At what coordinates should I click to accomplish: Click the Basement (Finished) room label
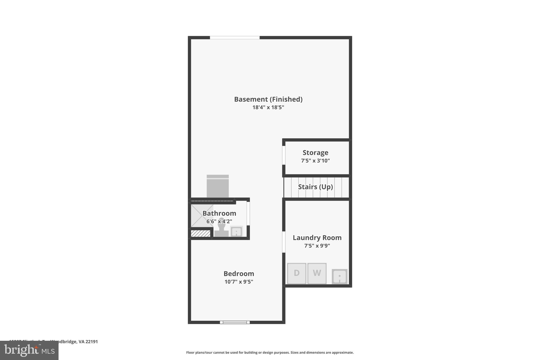[x=268, y=99]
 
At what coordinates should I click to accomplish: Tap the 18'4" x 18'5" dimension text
[x=268, y=107]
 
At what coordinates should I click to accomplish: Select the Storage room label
[x=315, y=153]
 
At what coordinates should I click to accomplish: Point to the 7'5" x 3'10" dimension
[x=315, y=161]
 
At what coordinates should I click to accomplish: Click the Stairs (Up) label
[x=315, y=187]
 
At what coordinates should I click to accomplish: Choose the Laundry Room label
[x=317, y=238]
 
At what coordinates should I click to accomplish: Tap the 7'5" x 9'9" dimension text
[x=317, y=246]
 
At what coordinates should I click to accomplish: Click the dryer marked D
[x=297, y=273]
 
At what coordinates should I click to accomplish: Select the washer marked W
[x=317, y=273]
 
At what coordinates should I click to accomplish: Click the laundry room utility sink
[x=340, y=276]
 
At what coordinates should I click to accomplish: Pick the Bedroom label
[x=239, y=274]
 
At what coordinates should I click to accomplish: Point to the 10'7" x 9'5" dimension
[x=239, y=282]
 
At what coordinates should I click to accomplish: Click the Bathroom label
[x=219, y=213]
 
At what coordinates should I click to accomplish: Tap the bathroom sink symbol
[x=237, y=232]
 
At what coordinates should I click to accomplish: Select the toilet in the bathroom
[x=221, y=228]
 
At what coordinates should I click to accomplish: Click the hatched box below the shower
[x=201, y=233]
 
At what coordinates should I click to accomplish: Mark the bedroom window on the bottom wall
[x=235, y=322]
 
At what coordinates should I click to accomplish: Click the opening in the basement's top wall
[x=235, y=38]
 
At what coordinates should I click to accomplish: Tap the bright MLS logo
[x=29, y=351]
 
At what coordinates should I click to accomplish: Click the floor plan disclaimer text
[x=270, y=353]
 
